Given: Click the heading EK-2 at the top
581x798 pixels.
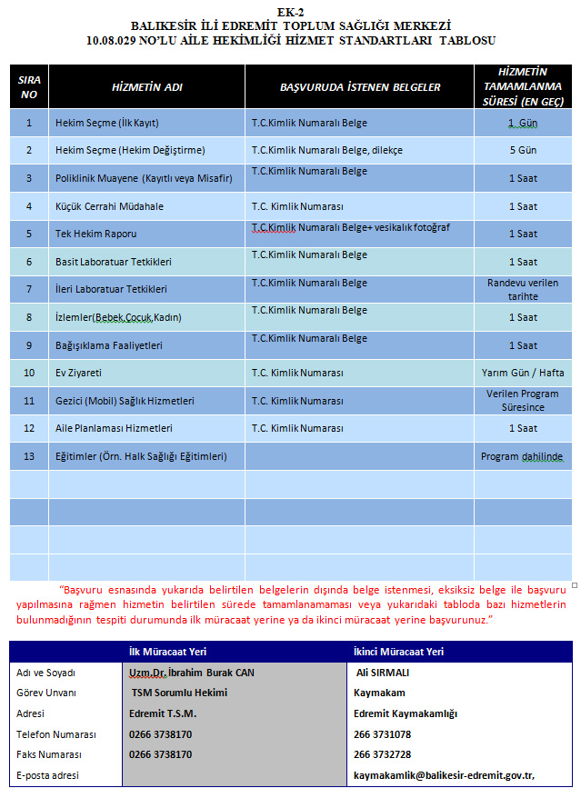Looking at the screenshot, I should tap(290, 11).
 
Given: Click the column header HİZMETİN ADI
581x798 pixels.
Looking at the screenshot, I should tap(146, 87).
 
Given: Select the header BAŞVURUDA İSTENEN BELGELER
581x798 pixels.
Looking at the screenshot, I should tap(360, 87).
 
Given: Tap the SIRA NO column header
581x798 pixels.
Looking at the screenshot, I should tap(29, 87).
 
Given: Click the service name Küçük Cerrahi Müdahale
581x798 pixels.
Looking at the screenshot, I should tap(109, 206).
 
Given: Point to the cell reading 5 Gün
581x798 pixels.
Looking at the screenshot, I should tap(522, 150).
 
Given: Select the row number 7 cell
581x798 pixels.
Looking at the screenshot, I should tap(29, 289).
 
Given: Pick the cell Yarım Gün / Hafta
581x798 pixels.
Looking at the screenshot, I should tap(522, 373).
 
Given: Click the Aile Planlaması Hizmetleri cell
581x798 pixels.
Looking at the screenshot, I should tap(114, 428).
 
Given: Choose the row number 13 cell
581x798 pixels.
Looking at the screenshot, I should tap(29, 456).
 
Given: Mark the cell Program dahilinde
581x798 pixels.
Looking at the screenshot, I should tap(522, 456).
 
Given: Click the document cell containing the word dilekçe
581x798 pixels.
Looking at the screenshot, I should tap(326, 150).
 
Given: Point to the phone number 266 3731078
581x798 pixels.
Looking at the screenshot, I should tap(382, 734).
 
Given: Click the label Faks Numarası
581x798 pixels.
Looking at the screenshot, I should tap(49, 754).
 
